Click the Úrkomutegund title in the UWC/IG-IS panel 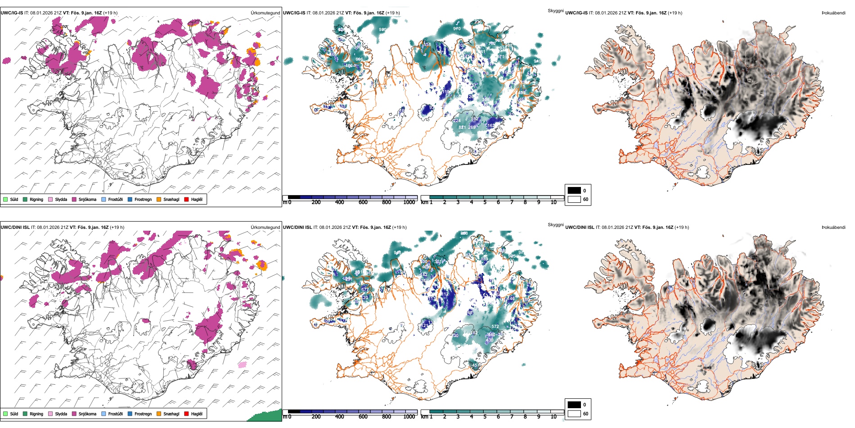click(265, 13)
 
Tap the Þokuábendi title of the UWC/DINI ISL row click(833, 228)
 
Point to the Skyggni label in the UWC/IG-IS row click(555, 11)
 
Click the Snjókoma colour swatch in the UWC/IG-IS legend click(74, 200)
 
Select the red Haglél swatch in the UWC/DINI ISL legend click(186, 414)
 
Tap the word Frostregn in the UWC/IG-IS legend click(143, 200)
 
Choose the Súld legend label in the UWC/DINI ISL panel click(14, 414)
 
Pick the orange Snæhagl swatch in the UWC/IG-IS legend click(159, 200)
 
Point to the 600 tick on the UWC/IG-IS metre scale click(363, 202)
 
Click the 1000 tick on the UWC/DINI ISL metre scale click(409, 417)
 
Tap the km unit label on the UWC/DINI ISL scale click(424, 417)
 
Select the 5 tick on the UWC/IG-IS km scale click(485, 202)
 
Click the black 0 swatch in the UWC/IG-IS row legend click(574, 191)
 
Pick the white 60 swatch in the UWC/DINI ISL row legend click(574, 414)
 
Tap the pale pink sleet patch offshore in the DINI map click(243, 364)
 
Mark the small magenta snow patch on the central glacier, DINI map click(145, 321)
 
